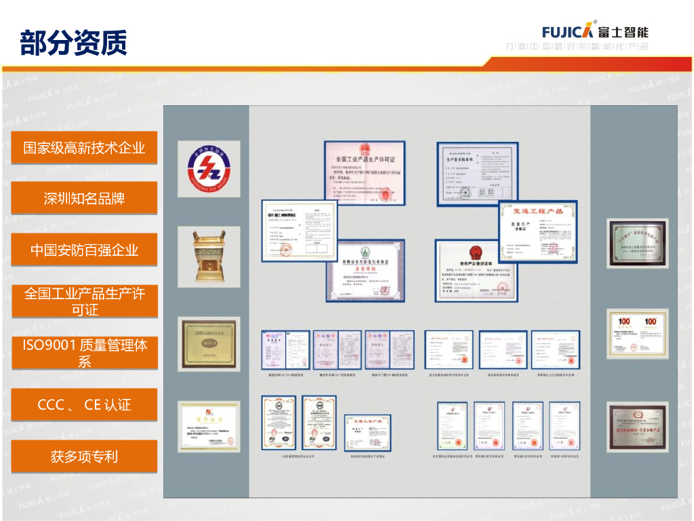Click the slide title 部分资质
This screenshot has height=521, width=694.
(73, 42)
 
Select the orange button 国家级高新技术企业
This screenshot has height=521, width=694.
(84, 147)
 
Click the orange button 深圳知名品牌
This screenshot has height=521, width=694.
(84, 199)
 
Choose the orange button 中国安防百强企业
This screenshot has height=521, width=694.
(84, 250)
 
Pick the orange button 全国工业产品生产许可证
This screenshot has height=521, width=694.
(84, 302)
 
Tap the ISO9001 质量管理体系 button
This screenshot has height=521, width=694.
(84, 353)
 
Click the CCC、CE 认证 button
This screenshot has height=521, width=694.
(84, 405)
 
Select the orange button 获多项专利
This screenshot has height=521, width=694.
(84, 457)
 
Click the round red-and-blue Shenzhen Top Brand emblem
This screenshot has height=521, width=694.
(209, 169)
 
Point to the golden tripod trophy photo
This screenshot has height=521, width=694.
(209, 254)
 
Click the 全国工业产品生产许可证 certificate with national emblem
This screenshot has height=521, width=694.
(364, 173)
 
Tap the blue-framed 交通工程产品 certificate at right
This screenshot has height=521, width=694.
(537, 231)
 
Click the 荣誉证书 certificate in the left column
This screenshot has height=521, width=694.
(209, 426)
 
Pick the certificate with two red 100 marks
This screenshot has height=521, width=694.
(637, 333)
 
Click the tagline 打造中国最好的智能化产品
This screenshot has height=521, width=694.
(577, 47)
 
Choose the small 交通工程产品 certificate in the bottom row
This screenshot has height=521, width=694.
(367, 433)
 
